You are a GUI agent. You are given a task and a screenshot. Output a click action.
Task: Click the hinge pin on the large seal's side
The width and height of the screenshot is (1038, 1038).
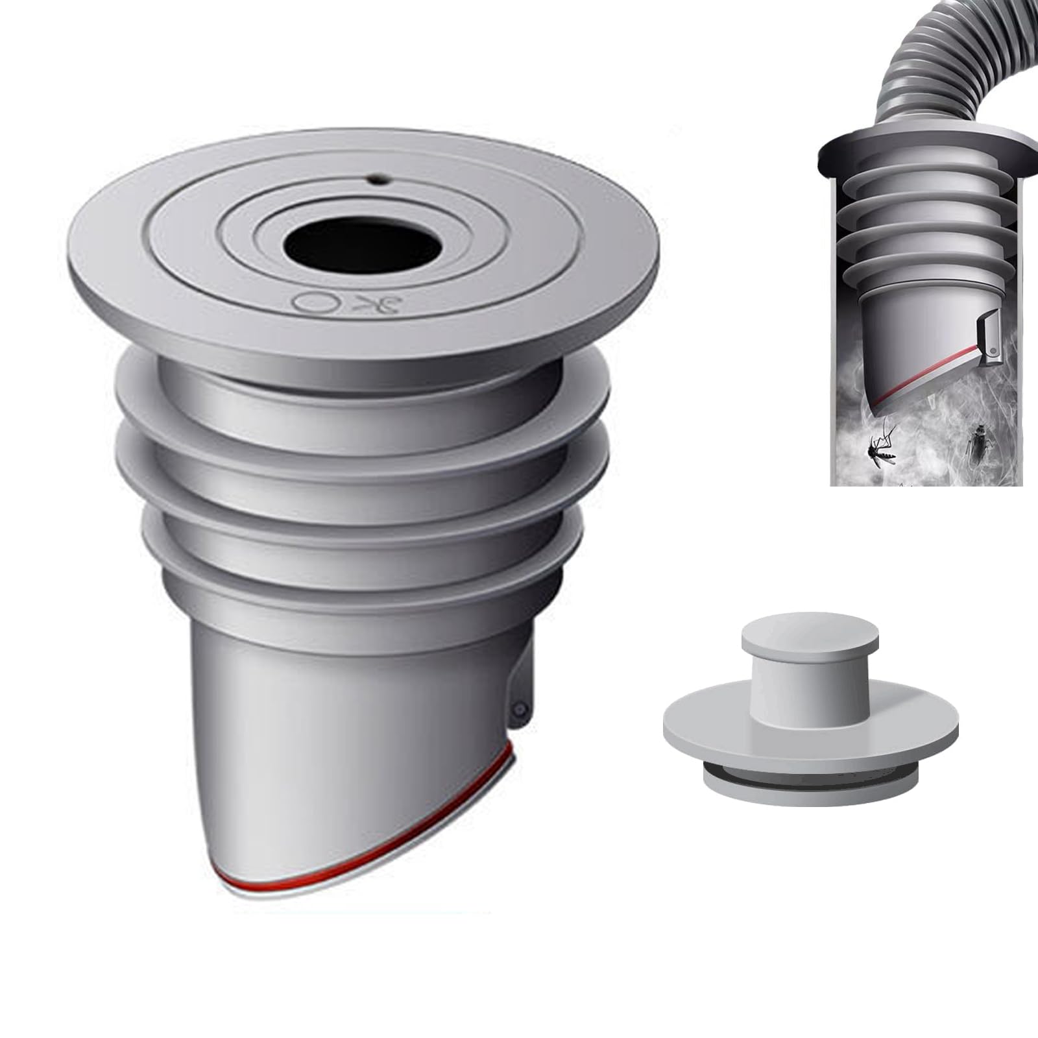coord(520,710)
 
